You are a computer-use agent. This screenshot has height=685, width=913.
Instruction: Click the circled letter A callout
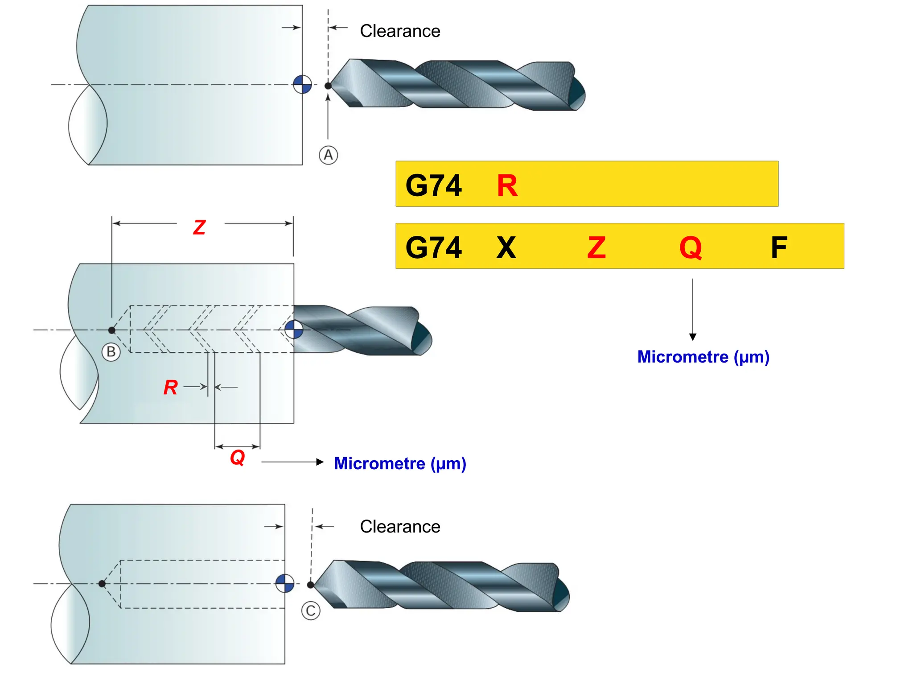(x=328, y=155)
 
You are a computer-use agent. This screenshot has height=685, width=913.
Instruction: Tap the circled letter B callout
(x=111, y=352)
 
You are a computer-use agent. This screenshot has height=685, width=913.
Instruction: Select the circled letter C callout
(x=311, y=611)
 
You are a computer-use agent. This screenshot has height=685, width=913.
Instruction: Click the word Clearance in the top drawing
(x=400, y=31)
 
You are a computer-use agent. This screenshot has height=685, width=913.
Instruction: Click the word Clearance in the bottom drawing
(x=400, y=527)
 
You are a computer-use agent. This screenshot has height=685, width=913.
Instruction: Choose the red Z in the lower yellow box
(x=596, y=248)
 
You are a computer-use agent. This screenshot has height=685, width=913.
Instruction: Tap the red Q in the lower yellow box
(x=691, y=248)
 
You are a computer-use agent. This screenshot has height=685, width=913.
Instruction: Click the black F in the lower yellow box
(x=779, y=248)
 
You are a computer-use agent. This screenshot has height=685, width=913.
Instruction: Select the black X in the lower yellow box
(x=506, y=248)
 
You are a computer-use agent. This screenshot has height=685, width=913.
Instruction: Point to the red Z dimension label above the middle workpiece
(x=199, y=227)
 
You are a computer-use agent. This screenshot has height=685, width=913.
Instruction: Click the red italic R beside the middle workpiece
(x=170, y=387)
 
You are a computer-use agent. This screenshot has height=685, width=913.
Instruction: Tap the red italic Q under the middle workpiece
(x=238, y=457)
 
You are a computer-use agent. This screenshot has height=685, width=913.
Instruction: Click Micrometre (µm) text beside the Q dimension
(x=400, y=464)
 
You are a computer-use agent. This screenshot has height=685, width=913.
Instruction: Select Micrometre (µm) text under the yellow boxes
(x=703, y=357)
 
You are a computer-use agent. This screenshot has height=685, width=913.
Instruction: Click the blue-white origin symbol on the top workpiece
(x=302, y=84)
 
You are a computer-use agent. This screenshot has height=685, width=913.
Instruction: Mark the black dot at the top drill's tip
(x=328, y=86)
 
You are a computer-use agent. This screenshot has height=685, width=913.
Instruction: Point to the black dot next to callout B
(x=112, y=330)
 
